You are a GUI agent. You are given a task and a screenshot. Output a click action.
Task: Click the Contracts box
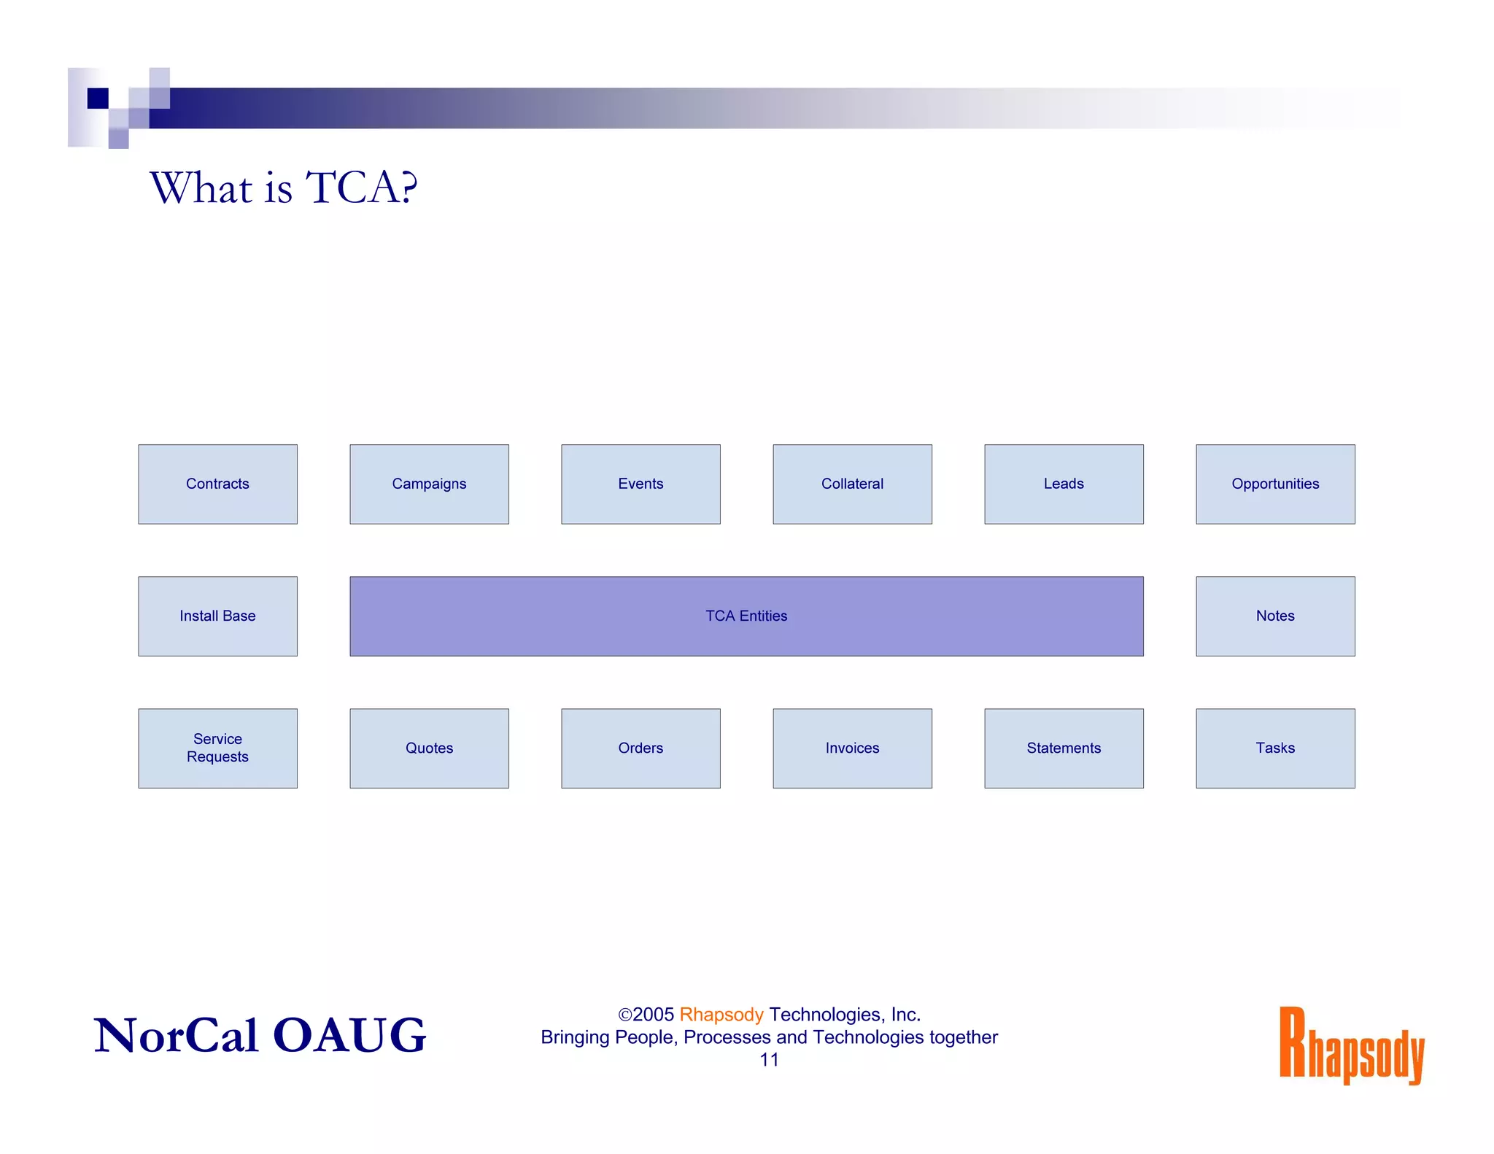pyautogui.click(x=217, y=484)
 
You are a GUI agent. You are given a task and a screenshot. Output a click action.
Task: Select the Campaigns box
pyautogui.click(x=429, y=484)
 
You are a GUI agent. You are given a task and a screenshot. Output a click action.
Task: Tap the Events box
pyautogui.click(x=640, y=484)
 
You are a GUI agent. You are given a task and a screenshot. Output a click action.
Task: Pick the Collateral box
pyautogui.click(x=852, y=484)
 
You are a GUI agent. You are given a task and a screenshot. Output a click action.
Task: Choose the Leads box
pyautogui.click(x=1064, y=484)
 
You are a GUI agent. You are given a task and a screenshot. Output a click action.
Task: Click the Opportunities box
pyautogui.click(x=1275, y=484)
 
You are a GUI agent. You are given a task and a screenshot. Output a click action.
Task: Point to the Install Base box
pyautogui.click(x=217, y=616)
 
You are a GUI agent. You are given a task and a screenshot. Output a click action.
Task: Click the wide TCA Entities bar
pyautogui.click(x=746, y=616)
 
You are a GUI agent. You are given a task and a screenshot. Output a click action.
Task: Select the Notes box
pyautogui.click(x=1275, y=616)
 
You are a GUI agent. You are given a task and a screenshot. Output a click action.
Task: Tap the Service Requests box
pyautogui.click(x=217, y=748)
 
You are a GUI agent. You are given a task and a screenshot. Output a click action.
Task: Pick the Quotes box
pyautogui.click(x=429, y=748)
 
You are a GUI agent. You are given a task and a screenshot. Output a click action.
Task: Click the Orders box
pyautogui.click(x=640, y=748)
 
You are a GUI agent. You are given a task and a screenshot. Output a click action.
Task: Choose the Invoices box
pyautogui.click(x=852, y=748)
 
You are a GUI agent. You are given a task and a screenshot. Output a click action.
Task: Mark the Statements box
pyautogui.click(x=1064, y=748)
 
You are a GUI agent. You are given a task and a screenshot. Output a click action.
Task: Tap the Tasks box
pyautogui.click(x=1275, y=748)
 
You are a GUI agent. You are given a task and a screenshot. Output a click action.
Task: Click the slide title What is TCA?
pyautogui.click(x=284, y=187)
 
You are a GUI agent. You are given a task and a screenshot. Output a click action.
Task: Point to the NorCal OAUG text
pyautogui.click(x=260, y=1035)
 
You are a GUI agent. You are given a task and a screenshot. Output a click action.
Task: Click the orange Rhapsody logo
pyautogui.click(x=1351, y=1045)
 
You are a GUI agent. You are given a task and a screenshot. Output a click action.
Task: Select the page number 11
pyautogui.click(x=769, y=1060)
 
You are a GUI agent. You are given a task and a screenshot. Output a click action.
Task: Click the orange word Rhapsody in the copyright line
pyautogui.click(x=721, y=1015)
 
